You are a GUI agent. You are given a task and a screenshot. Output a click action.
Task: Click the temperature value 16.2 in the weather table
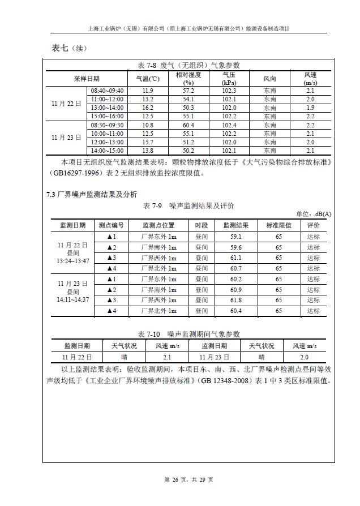pyautogui.click(x=148, y=108)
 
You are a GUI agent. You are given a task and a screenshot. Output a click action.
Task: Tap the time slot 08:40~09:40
pyautogui.click(x=107, y=91)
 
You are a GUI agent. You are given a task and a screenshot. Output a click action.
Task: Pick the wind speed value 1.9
pyautogui.click(x=310, y=108)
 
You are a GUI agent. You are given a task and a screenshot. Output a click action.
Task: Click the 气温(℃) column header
pyautogui.click(x=148, y=79)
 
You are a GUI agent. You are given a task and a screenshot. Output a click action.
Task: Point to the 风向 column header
pyautogui.click(x=270, y=79)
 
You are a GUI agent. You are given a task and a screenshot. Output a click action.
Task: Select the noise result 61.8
pyautogui.click(x=236, y=300)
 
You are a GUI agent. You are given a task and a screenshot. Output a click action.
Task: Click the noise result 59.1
pyautogui.click(x=236, y=237)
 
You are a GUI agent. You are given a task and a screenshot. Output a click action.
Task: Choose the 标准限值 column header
pyautogui.click(x=278, y=225)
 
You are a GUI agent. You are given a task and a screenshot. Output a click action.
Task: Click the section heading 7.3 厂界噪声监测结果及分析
pyautogui.click(x=91, y=195)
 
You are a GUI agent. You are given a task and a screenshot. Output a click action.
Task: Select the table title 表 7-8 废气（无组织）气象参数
pyautogui.click(x=188, y=65)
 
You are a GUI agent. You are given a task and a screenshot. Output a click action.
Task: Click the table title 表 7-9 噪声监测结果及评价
pyautogui.click(x=189, y=205)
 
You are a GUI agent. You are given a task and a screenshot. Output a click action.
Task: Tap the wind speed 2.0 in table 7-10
pyautogui.click(x=304, y=357)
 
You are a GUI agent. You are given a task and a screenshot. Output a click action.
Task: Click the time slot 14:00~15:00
pyautogui.click(x=107, y=151)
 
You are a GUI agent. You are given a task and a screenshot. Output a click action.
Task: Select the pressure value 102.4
pyautogui.click(x=229, y=125)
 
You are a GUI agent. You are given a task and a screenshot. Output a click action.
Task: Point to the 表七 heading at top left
pyautogui.click(x=57, y=48)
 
